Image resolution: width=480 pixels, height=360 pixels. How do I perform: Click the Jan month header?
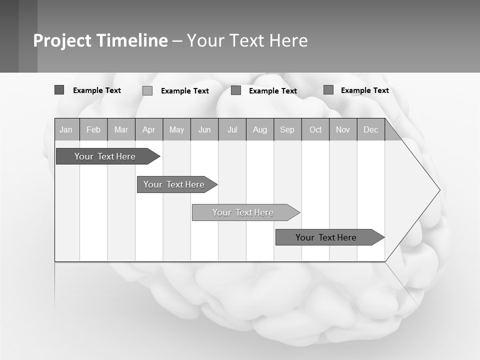point(66,129)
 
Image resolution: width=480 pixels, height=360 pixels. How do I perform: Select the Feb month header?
point(93,129)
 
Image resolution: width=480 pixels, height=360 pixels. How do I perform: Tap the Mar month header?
point(121,129)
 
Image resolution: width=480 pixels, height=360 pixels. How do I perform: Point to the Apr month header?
point(149,129)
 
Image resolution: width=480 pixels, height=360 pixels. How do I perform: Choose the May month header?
point(176,129)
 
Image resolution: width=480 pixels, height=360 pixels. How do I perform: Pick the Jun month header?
point(204,129)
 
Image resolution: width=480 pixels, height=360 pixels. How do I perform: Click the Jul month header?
point(232,129)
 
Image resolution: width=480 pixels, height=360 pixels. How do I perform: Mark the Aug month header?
point(260,129)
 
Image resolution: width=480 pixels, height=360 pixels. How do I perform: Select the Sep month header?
point(287,129)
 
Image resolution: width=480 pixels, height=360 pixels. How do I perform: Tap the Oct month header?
point(315,129)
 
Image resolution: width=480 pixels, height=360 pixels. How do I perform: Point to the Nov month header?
point(343,129)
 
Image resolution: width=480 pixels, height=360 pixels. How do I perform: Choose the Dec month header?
point(371,129)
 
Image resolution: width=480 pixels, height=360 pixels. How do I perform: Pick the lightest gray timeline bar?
point(243,212)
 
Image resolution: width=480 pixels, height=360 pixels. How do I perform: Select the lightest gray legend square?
point(147,90)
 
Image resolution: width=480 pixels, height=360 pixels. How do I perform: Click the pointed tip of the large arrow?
point(439,190)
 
